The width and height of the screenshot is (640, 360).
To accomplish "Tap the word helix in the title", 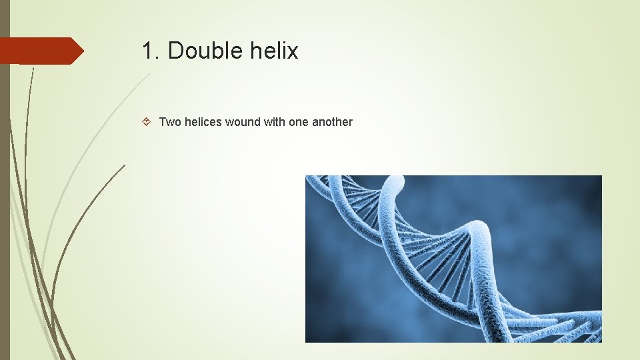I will [x=275, y=51].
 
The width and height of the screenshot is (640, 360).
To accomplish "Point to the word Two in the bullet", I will [x=170, y=122].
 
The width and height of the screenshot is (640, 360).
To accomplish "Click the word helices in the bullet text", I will [x=203, y=122].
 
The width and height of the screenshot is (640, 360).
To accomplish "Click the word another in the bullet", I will [x=332, y=122].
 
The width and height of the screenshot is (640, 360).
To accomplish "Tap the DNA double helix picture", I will [x=453, y=259].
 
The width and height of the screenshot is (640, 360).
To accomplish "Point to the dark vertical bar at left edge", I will [x=5, y=200].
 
